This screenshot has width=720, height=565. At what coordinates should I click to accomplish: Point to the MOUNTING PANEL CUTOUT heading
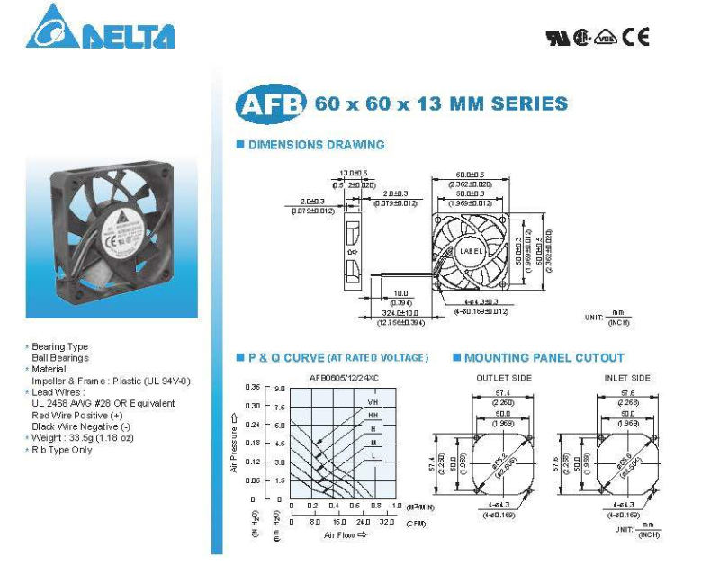544,357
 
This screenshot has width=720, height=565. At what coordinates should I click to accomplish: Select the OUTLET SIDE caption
504,378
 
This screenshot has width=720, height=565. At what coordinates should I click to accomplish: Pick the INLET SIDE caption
627,378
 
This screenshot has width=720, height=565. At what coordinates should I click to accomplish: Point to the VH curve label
373,401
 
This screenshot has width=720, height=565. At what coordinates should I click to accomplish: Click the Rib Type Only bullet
62,450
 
